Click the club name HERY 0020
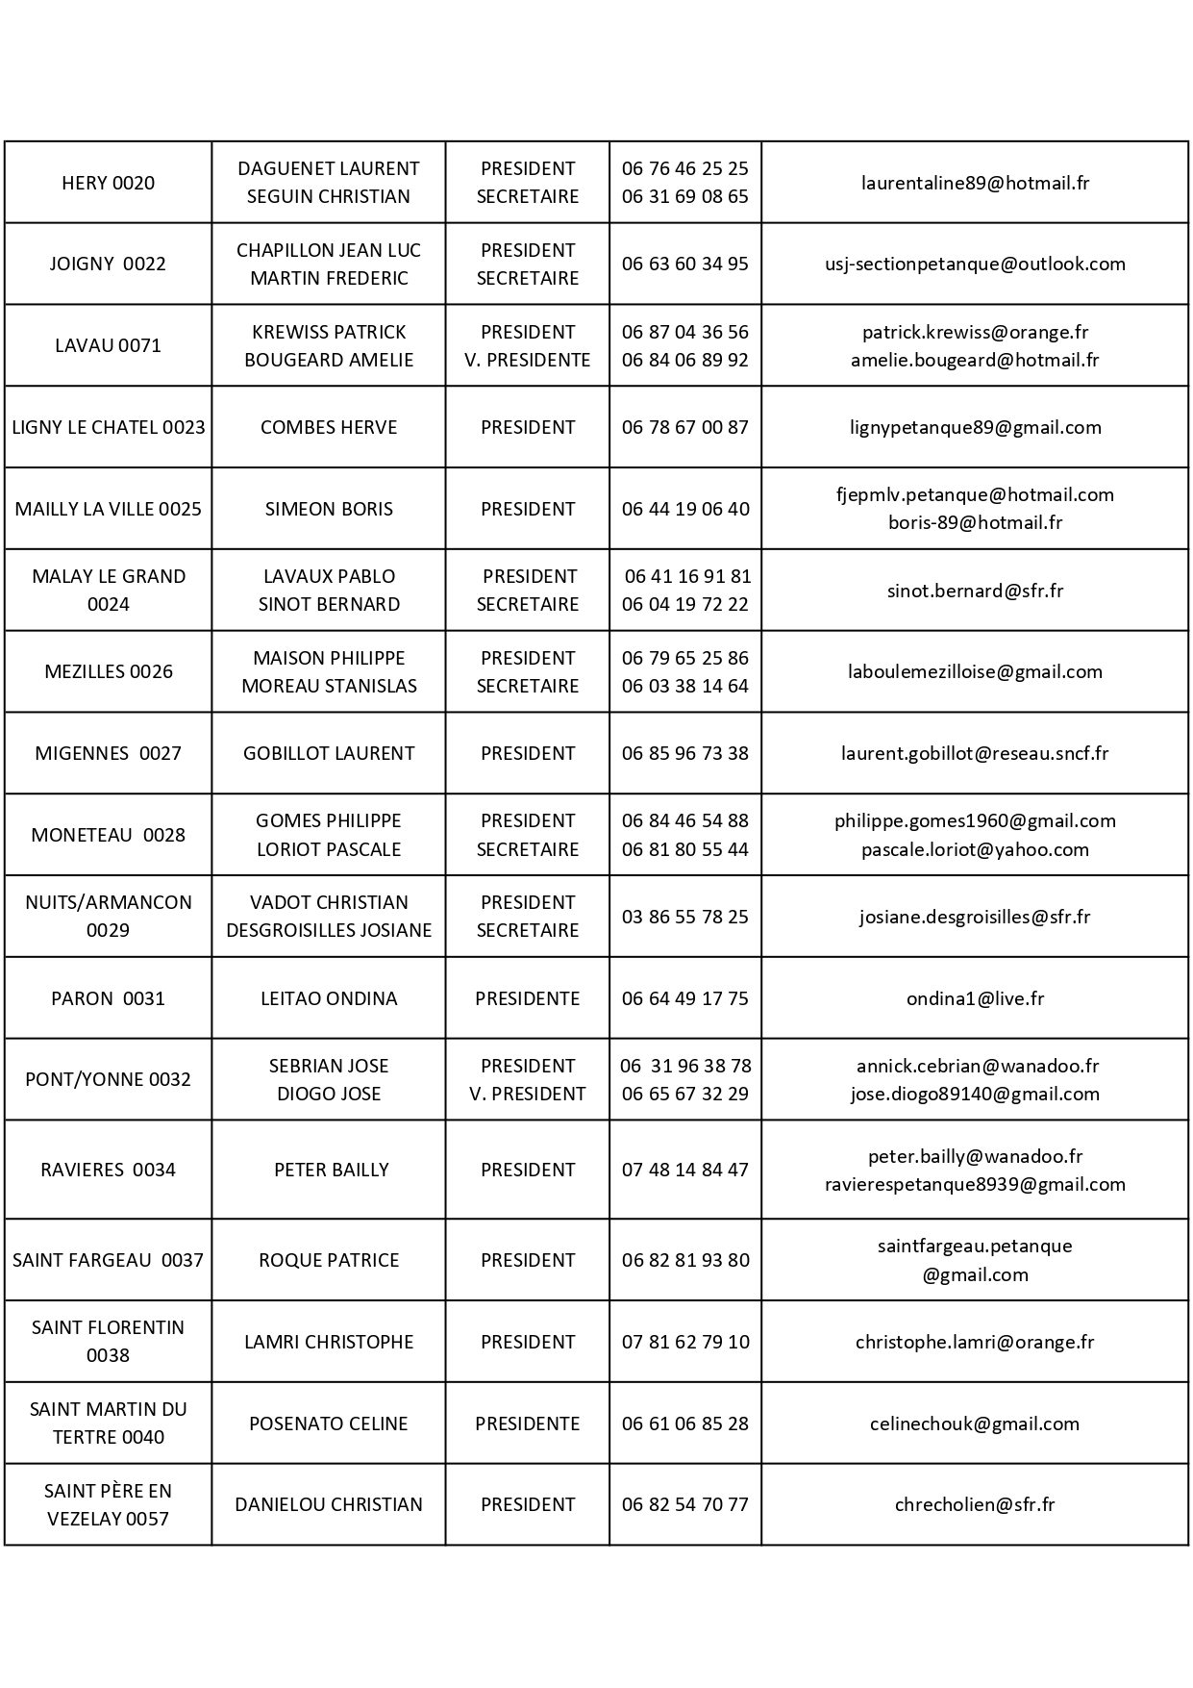[108, 183]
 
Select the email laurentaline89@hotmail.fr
[975, 183]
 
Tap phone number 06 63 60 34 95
[684, 264]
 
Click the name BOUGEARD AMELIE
[329, 360]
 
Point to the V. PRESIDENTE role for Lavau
[527, 360]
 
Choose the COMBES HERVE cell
[329, 427]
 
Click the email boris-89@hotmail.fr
[975, 522]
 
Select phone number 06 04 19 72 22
[684, 604]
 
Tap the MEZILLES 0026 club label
[109, 671]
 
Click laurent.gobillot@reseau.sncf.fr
[975, 753]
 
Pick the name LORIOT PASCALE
[329, 849]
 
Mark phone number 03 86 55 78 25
[684, 917]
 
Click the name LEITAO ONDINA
[329, 998]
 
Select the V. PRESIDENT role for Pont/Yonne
[527, 1094]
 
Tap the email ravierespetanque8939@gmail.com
[975, 1184]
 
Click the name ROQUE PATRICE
[329, 1260]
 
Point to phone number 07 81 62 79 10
[684, 1342]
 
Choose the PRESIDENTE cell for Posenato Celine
[527, 1423]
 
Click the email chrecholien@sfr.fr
[975, 1504]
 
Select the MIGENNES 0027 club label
[108, 753]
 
